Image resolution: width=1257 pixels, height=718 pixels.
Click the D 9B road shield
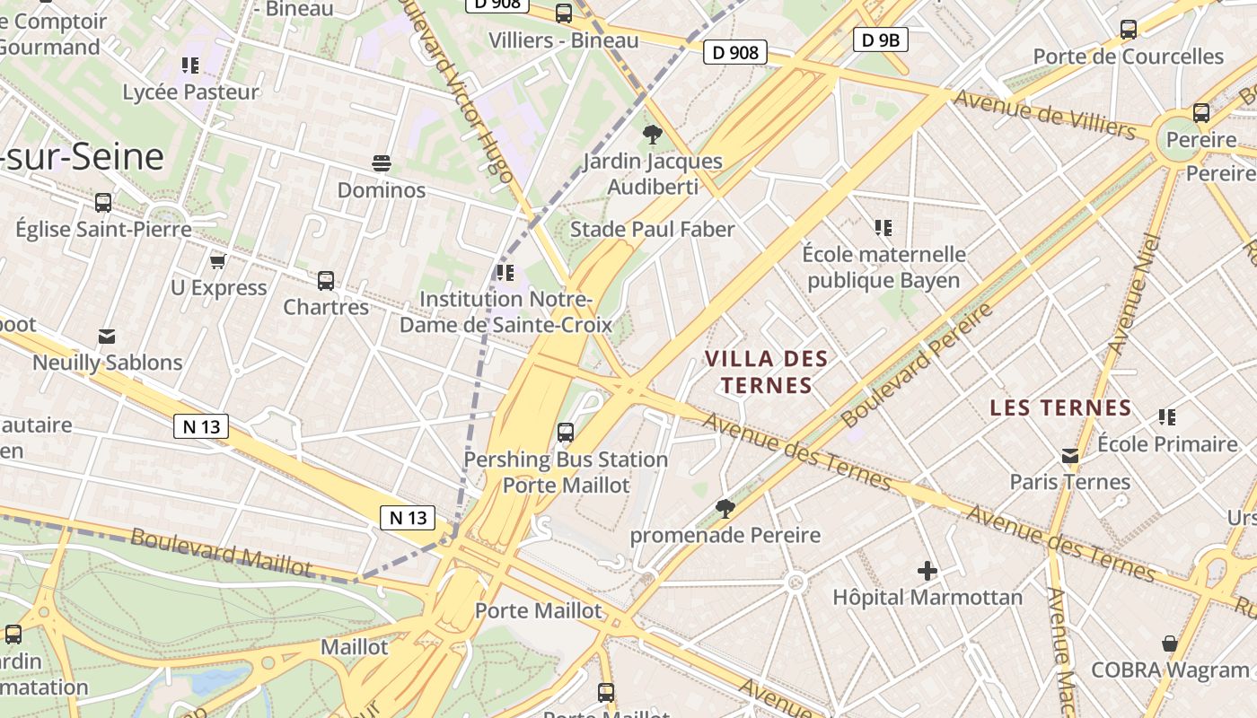pyautogui.click(x=880, y=39)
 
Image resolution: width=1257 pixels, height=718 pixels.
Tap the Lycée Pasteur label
pyautogui.click(x=190, y=92)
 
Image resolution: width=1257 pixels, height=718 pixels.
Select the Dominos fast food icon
pyautogui.click(x=382, y=163)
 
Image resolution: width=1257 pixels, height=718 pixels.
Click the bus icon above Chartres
pyautogui.click(x=326, y=281)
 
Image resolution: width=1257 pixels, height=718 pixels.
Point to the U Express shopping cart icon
pyautogui.click(x=217, y=261)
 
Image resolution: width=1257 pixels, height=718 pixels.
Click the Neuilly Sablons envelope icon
pyautogui.click(x=107, y=337)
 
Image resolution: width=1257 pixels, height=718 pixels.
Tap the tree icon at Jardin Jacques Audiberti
pyautogui.click(x=652, y=135)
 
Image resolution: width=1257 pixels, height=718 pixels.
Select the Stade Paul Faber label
pyautogui.click(x=653, y=229)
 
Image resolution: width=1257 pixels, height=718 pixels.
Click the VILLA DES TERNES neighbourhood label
pyautogui.click(x=766, y=372)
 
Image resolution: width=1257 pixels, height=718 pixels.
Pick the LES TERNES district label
pyautogui.click(x=1060, y=407)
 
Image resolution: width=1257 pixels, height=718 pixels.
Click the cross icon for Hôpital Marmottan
pyautogui.click(x=927, y=571)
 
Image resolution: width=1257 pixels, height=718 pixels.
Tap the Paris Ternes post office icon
pyautogui.click(x=1070, y=456)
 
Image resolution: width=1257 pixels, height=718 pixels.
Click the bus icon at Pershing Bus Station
pyautogui.click(x=566, y=433)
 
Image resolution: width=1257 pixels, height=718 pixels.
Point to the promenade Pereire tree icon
pyautogui.click(x=725, y=509)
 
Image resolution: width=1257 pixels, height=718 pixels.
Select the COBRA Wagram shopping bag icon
pyautogui.click(x=1170, y=644)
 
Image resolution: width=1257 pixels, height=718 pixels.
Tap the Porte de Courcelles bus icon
pyautogui.click(x=1129, y=30)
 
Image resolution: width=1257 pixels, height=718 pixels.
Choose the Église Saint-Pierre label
pyautogui.click(x=103, y=229)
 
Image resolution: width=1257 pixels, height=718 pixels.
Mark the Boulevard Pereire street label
pyautogui.click(x=917, y=363)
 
